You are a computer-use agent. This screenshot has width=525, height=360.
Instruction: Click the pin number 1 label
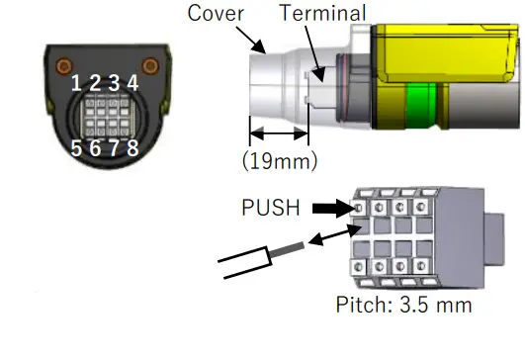pyautogui.click(x=77, y=83)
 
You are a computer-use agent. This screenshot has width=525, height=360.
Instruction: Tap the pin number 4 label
pyautogui.click(x=131, y=83)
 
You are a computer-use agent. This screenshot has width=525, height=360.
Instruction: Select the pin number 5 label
pyautogui.click(x=77, y=149)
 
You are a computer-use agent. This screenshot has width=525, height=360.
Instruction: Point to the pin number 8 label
pyautogui.click(x=131, y=149)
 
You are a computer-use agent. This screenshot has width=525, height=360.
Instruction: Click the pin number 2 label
pyautogui.click(x=96, y=83)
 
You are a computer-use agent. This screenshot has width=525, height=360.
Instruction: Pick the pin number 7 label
pyautogui.click(x=114, y=149)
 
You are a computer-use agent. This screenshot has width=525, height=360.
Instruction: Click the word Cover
pyautogui.click(x=217, y=13)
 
